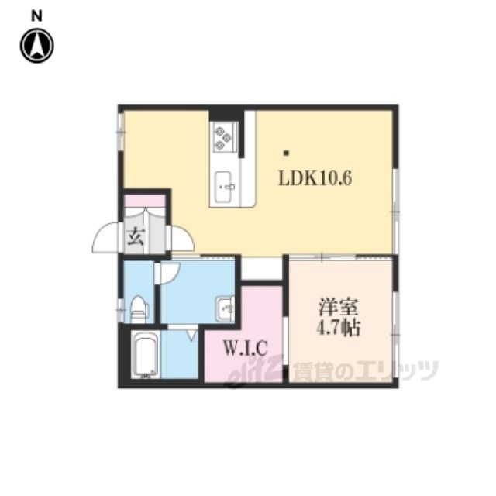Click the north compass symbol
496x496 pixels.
click(36, 46)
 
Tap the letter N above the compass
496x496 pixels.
click(36, 15)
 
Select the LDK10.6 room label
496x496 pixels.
click(315, 178)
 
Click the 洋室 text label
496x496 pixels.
click(338, 307)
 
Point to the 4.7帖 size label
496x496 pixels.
click(338, 328)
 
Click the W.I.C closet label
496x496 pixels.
click(246, 348)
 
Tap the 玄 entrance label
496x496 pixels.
click(136, 237)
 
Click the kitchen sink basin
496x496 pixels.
click(223, 188)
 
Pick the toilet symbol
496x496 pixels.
click(139, 308)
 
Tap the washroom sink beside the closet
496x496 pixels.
click(226, 308)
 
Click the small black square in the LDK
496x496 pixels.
click(286, 153)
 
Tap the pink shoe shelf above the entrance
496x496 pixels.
click(145, 201)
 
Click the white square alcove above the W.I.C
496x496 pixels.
click(262, 269)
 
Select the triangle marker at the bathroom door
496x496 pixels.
click(191, 335)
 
